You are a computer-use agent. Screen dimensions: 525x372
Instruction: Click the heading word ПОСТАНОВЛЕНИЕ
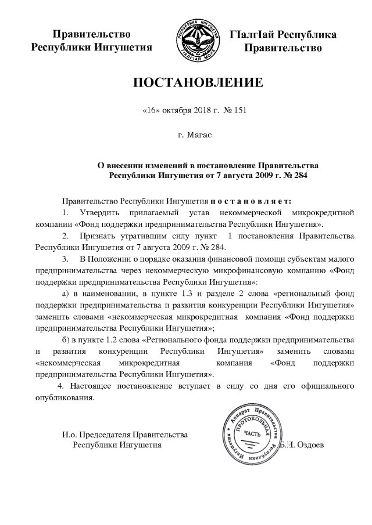[x=199, y=82]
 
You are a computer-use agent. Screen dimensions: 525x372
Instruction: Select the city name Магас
[x=199, y=135]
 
